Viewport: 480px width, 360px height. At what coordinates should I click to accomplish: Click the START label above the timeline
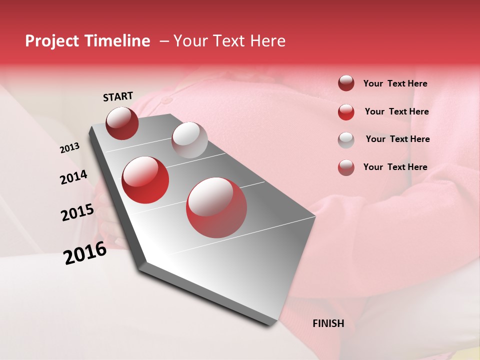pyautogui.click(x=118, y=96)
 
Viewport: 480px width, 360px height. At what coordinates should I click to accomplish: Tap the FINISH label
pyautogui.click(x=328, y=323)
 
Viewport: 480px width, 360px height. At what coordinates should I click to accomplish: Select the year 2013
pyautogui.click(x=69, y=148)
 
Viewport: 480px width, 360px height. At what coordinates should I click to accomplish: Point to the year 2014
pyautogui.click(x=73, y=177)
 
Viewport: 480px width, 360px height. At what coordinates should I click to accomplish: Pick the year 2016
pyautogui.click(x=85, y=253)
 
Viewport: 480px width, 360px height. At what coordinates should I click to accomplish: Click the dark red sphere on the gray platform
pyautogui.click(x=122, y=123)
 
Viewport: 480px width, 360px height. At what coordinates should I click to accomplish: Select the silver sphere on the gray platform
pyautogui.click(x=189, y=140)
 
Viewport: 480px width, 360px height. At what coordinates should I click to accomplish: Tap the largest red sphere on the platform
pyautogui.click(x=216, y=207)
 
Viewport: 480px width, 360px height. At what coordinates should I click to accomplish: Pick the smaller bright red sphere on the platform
pyautogui.click(x=145, y=180)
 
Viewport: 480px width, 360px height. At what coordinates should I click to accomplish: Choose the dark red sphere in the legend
pyautogui.click(x=346, y=83)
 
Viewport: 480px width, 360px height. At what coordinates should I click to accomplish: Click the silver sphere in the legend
pyautogui.click(x=346, y=139)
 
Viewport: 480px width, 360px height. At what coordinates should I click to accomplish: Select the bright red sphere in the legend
pyautogui.click(x=346, y=112)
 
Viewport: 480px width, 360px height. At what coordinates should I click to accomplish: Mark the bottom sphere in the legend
pyautogui.click(x=346, y=167)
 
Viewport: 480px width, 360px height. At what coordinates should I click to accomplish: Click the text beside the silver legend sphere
pyautogui.click(x=397, y=139)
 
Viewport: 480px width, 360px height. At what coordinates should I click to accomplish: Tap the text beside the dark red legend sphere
pyautogui.click(x=395, y=83)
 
